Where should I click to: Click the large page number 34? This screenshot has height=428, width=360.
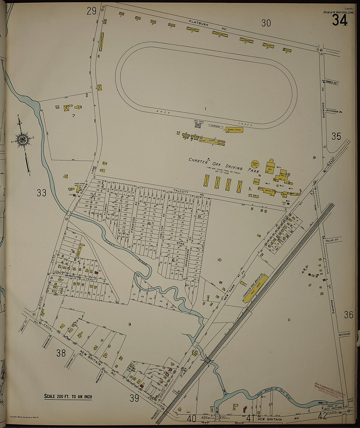coord(339,20)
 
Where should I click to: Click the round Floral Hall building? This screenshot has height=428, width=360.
coord(255,164)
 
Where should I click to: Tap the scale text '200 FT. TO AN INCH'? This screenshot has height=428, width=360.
coord(68,397)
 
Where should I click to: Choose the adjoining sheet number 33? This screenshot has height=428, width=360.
coord(42,193)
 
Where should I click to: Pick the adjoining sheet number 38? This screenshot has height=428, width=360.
coord(61,353)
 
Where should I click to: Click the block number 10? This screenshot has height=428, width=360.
coord(219,260)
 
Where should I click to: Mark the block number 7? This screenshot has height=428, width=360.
coord(74,116)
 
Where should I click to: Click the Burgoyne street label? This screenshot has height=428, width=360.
coord(73,276)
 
